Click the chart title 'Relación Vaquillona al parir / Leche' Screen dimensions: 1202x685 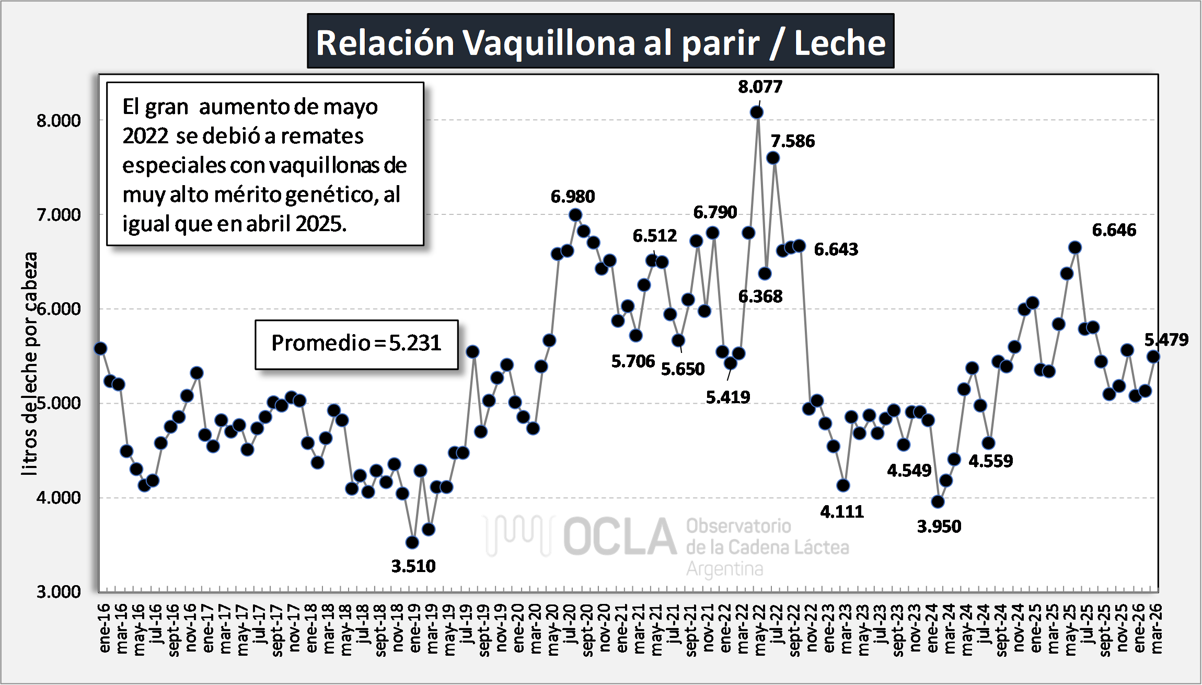point(600,42)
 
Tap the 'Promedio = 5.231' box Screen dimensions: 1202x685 point(356,344)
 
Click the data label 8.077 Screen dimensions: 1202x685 point(760,87)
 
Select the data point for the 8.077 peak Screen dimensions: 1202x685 point(756,112)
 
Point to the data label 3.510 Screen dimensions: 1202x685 point(413,566)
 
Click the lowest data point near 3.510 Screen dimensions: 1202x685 point(412,542)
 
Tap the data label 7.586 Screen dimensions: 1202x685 point(793,141)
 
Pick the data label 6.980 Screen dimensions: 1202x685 point(573,197)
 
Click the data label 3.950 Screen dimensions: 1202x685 point(939,526)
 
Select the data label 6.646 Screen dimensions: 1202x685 point(1114,230)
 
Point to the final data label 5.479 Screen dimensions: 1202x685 point(1166,340)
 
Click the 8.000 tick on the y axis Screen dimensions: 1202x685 point(59,121)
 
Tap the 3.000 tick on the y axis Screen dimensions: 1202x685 point(59,591)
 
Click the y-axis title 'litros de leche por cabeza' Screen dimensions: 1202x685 point(30,363)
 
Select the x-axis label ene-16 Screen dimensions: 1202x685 point(105,627)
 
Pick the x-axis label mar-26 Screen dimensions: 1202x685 point(1157,628)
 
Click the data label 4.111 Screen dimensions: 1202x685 point(842,511)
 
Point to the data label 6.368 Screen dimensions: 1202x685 point(760,296)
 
